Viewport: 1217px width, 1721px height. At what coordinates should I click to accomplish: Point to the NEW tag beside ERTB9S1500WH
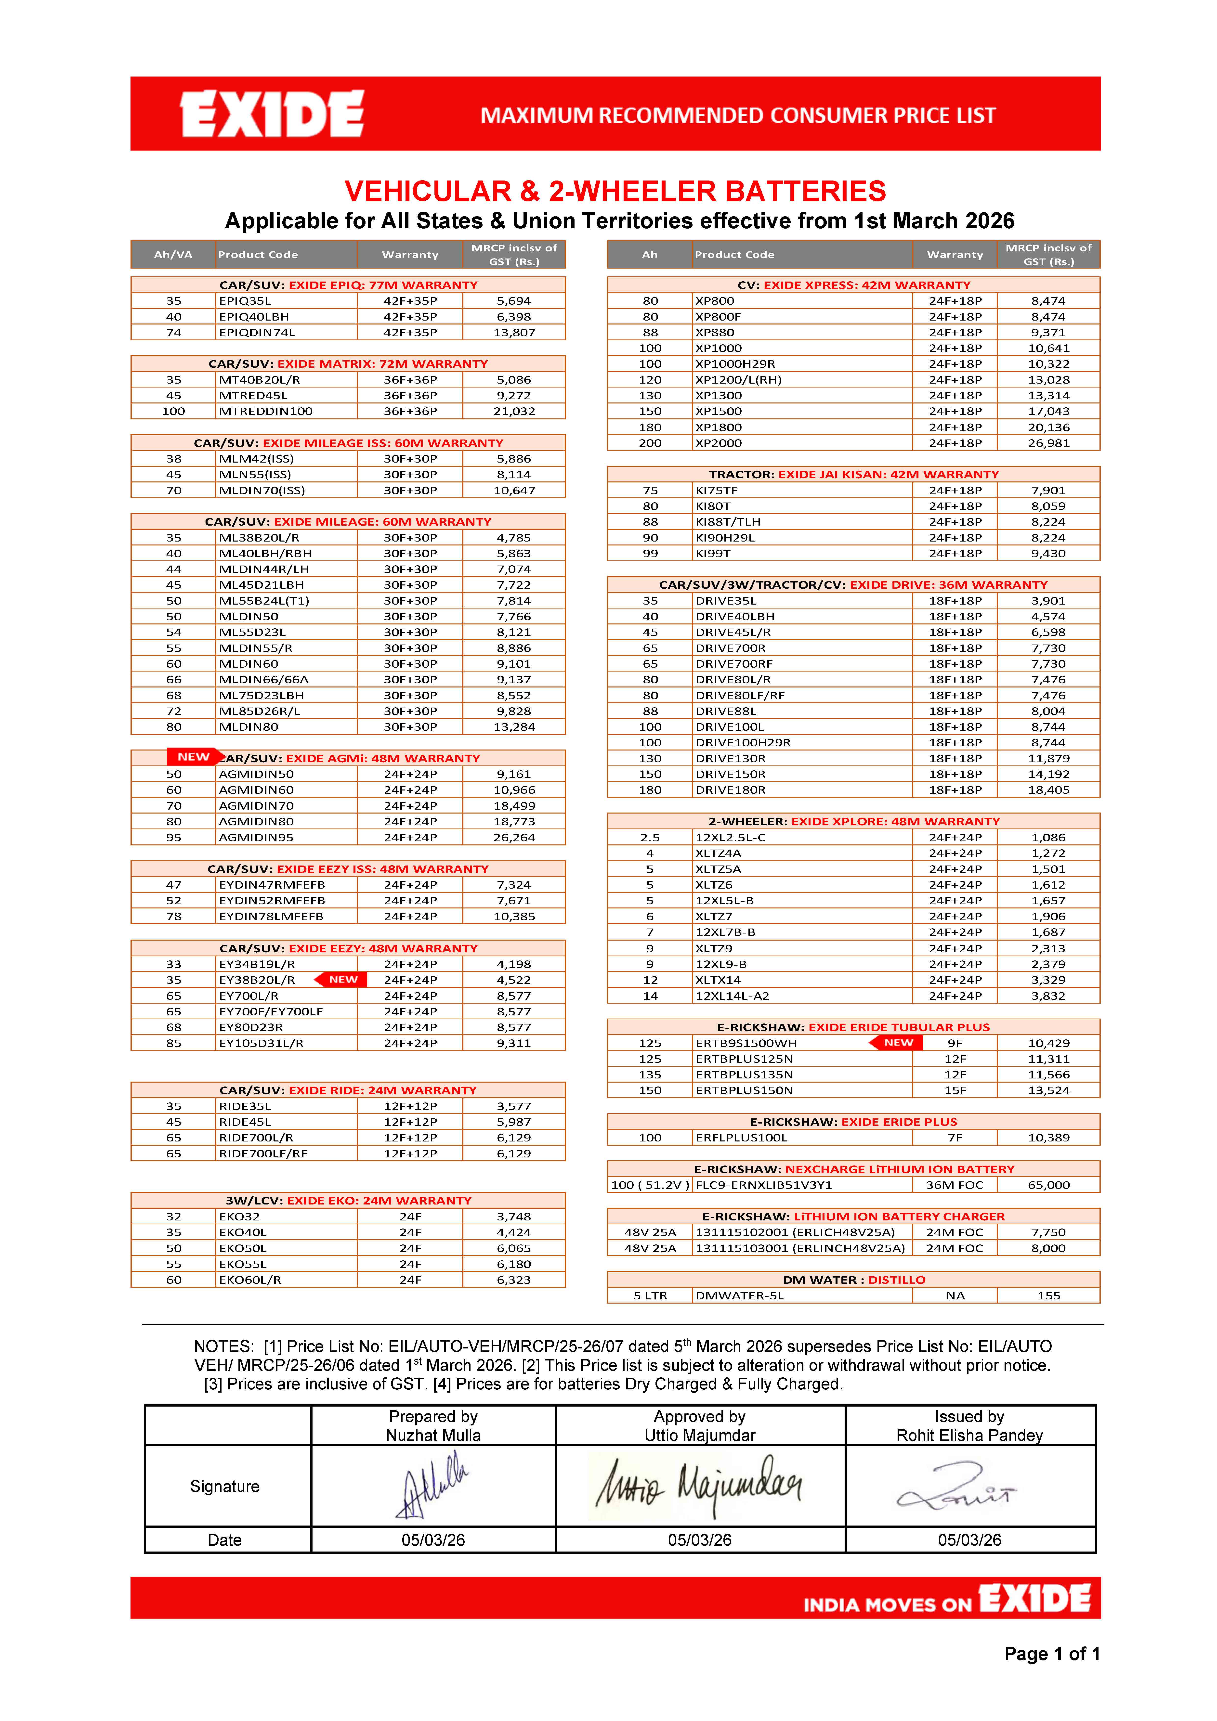pos(897,1043)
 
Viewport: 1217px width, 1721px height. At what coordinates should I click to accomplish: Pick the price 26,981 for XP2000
pos(1048,443)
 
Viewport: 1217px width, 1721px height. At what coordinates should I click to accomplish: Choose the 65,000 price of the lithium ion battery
pos(1048,1185)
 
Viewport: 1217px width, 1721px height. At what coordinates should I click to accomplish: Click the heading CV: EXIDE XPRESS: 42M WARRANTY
pos(853,285)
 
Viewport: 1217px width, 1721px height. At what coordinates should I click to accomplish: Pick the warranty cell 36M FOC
pos(955,1185)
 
